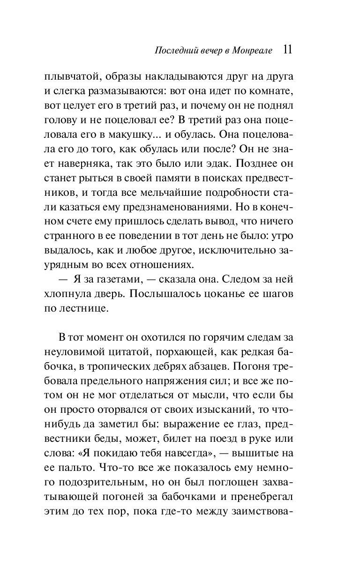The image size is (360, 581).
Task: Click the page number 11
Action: click(288, 50)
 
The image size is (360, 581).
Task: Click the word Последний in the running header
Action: click(174, 51)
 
